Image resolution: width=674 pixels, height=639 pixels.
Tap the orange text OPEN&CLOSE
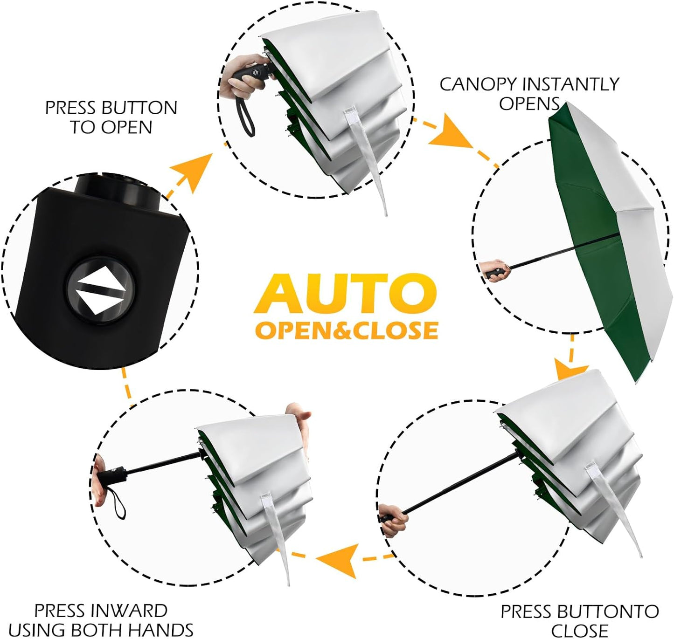click(346, 330)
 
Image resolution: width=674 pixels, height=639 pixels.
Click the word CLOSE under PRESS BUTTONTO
click(579, 630)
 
